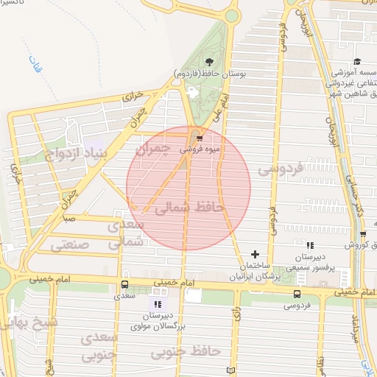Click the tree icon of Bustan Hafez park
(x=210, y=63)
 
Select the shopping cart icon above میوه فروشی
(x=200, y=138)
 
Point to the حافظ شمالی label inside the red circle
(x=188, y=209)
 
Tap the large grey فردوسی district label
(x=281, y=169)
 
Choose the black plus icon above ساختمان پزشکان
(x=256, y=253)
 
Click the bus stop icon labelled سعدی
(x=124, y=284)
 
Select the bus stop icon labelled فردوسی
(x=297, y=292)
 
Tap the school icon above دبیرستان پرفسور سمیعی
(x=310, y=245)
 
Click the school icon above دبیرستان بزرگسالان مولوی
(x=157, y=303)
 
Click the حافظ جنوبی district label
(x=186, y=352)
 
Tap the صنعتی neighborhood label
(x=70, y=244)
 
